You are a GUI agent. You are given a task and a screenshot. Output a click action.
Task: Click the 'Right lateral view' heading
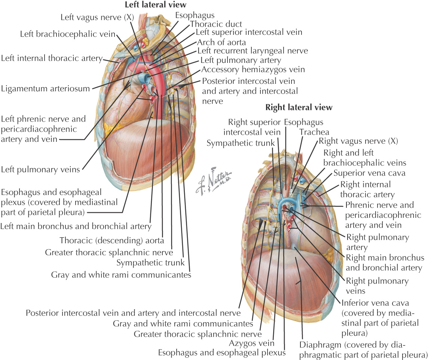pyautogui.click(x=299, y=107)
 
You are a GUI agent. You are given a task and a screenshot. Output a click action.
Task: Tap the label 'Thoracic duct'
pyautogui.click(x=216, y=24)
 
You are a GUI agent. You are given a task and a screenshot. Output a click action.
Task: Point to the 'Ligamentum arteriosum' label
pyautogui.click(x=46, y=89)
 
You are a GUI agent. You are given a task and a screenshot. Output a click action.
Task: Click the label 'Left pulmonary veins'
pyautogui.click(x=40, y=169)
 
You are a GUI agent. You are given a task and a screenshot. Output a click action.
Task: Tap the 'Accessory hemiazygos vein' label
pyautogui.click(x=253, y=69)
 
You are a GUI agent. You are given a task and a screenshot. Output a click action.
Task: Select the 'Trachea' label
pyautogui.click(x=309, y=132)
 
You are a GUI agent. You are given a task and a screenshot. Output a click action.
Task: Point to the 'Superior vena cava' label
pyautogui.click(x=364, y=173)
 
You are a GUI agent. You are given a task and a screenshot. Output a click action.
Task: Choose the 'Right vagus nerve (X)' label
pyautogui.click(x=358, y=141)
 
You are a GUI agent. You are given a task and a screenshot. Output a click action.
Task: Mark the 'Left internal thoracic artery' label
pyautogui.click(x=52, y=58)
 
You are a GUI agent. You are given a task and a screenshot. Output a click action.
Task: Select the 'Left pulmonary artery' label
pyautogui.click(x=241, y=60)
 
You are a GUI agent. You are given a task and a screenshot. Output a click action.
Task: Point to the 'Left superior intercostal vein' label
pyautogui.click(x=249, y=33)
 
